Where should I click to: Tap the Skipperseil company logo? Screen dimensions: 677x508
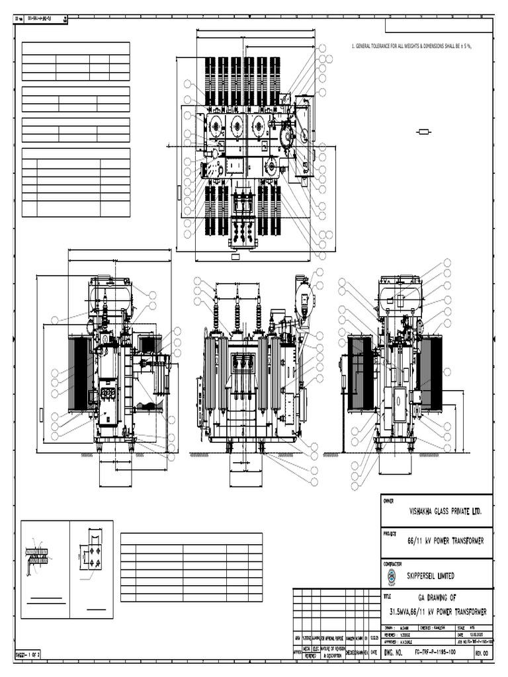coord(392,577)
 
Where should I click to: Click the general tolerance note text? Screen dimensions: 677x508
coord(413,47)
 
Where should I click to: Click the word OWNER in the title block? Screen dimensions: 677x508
coord(389,501)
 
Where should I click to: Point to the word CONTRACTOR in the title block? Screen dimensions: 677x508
coord(394,564)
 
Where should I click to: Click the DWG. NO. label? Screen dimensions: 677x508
coord(393,653)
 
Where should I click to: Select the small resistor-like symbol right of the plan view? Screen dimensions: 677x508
coord(424,132)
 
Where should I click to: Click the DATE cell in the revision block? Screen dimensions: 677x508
coord(374,651)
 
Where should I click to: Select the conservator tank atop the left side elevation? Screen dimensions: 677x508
coord(111,293)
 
